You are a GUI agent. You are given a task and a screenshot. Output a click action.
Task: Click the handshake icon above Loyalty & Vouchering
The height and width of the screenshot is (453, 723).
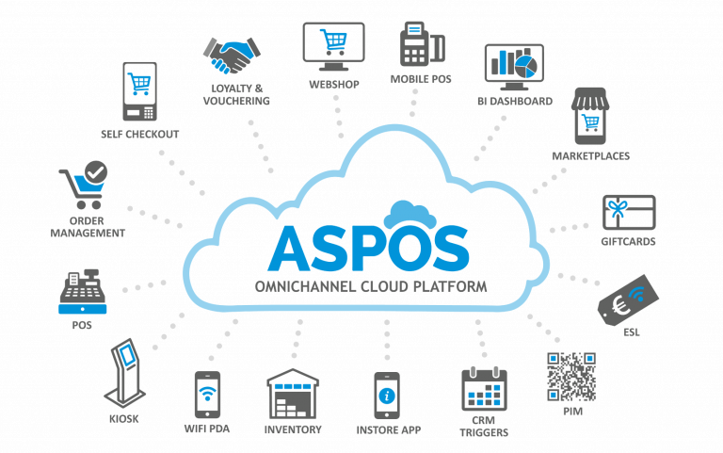point(232,56)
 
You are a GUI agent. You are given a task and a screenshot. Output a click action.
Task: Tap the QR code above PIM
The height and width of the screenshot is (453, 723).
point(571,377)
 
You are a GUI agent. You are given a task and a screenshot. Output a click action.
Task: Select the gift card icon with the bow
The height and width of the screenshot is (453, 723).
point(629,213)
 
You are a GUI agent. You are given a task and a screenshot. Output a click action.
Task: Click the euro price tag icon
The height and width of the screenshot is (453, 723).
point(628,300)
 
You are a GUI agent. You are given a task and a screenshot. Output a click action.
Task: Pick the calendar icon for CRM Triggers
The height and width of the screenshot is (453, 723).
point(484,389)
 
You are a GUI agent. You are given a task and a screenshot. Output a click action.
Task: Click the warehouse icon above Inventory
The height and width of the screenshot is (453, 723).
point(293,394)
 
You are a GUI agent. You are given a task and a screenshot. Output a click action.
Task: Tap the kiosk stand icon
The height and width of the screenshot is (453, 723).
point(124,373)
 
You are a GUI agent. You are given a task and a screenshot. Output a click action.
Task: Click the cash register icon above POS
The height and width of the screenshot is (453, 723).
point(83,292)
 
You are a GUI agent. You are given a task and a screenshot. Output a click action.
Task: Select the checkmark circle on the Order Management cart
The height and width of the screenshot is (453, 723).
point(96,172)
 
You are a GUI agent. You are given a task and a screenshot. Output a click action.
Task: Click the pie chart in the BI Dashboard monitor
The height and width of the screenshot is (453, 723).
point(525,67)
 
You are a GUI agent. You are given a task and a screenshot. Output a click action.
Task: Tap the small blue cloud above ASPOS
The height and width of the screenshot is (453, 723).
point(410,215)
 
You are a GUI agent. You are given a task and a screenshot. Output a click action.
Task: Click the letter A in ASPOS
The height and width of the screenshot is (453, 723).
point(290,249)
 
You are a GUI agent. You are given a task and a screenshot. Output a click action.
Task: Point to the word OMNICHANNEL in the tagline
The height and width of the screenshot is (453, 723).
point(305,286)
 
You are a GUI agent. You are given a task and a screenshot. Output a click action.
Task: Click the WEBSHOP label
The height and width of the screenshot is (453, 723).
point(334,85)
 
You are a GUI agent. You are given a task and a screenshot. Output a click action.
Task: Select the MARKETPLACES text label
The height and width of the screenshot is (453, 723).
point(590,156)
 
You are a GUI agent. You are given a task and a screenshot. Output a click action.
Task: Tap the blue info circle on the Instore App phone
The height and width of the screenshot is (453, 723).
point(386,396)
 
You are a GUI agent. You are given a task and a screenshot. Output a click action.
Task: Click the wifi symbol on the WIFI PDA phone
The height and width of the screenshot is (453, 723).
point(207,393)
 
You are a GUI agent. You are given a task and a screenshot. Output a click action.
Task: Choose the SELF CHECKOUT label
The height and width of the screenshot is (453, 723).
point(139,135)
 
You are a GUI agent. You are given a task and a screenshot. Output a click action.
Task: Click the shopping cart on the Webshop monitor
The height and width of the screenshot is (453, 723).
point(333,42)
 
